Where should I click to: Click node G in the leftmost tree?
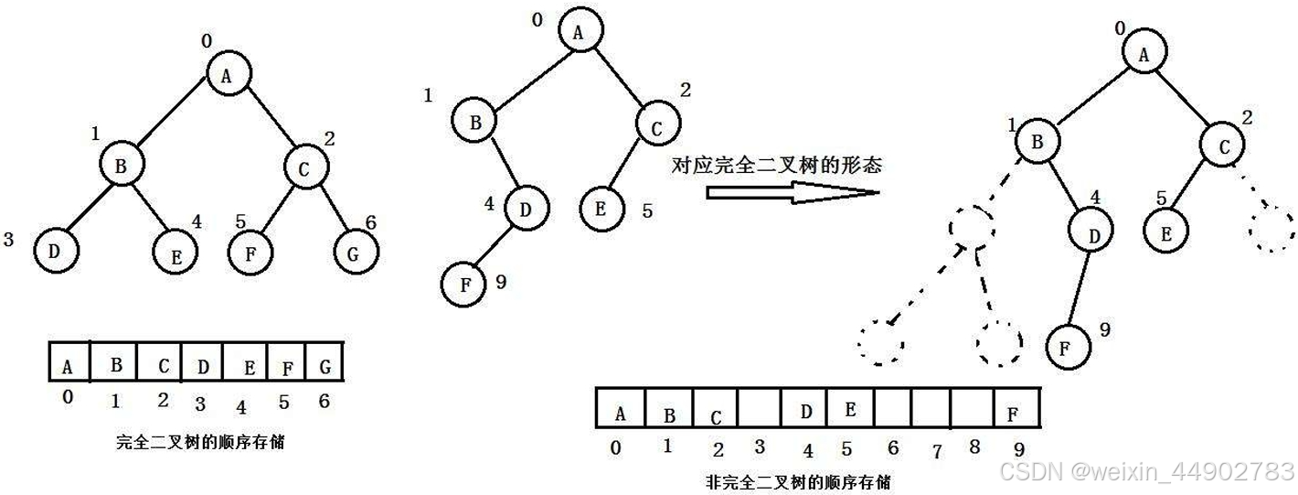pyautogui.click(x=354, y=253)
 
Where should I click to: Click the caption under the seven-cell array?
pyautogui.click(x=201, y=442)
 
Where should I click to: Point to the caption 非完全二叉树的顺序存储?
pyautogui.click(x=800, y=481)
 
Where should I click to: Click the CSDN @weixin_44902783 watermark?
pyautogui.click(x=1146, y=471)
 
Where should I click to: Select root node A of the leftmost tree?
pyautogui.click(x=227, y=74)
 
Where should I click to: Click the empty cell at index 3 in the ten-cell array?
pyautogui.click(x=760, y=408)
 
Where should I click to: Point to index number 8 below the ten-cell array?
pyautogui.click(x=975, y=447)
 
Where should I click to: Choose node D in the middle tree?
pyautogui.click(x=525, y=210)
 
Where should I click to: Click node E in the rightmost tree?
pyautogui.click(x=1166, y=231)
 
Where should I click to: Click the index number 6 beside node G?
pyautogui.click(x=370, y=223)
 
